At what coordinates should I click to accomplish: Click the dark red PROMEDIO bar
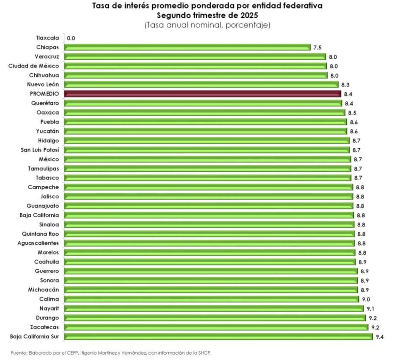click(x=203, y=94)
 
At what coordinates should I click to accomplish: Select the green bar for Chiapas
click(x=187, y=47)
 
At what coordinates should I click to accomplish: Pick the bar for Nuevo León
click(x=201, y=85)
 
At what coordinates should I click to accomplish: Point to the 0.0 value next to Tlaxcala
click(x=71, y=38)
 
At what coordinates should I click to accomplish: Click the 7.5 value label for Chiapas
click(x=317, y=47)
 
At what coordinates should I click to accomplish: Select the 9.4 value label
click(x=380, y=336)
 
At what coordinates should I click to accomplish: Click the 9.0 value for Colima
click(x=366, y=299)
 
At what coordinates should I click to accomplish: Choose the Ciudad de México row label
click(x=34, y=66)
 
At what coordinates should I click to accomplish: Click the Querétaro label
click(x=46, y=103)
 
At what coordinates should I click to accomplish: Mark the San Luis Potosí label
click(x=40, y=150)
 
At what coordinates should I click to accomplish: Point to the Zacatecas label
click(x=45, y=327)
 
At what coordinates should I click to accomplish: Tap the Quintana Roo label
click(x=41, y=234)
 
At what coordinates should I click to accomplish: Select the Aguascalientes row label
click(x=38, y=243)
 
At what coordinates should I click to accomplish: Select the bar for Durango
click(x=214, y=318)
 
